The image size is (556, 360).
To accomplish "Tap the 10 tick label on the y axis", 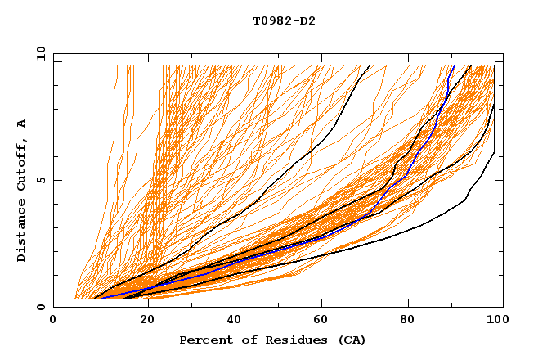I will pos(37,53).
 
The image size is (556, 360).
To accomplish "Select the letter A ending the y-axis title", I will pos(22,124).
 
